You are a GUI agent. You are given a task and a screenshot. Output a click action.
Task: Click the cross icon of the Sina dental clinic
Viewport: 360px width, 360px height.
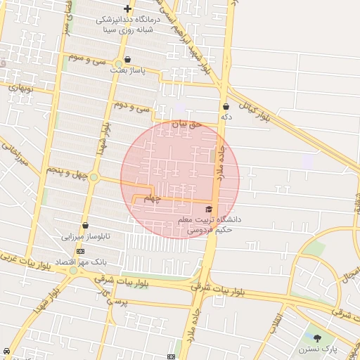[x=127, y=8]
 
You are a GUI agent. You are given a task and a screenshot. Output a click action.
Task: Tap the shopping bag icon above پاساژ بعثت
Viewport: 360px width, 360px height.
[x=127, y=60]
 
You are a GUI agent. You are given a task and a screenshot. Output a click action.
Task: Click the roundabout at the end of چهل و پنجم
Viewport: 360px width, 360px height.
[x=93, y=176]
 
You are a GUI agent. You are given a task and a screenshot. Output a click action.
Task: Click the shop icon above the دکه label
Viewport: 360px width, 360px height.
[x=226, y=107]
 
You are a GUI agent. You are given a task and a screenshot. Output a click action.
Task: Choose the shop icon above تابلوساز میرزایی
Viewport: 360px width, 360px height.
[x=85, y=226]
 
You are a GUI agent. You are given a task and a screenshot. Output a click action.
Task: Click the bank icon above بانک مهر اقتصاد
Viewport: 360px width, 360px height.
[x=80, y=250]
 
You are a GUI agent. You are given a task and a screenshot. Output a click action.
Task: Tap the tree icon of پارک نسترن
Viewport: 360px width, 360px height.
[x=317, y=338]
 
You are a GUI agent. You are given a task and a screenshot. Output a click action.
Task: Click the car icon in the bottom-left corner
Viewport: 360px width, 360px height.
[x=6, y=351]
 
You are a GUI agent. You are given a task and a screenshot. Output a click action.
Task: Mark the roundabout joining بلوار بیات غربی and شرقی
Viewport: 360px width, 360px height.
[x=73, y=271]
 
